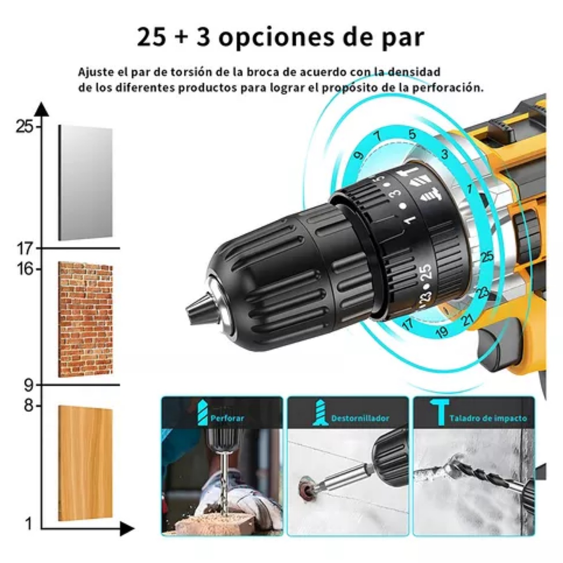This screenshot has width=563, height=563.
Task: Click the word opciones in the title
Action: point(276,37)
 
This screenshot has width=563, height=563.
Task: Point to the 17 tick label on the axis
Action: point(25,249)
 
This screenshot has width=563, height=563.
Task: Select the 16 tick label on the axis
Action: point(25,269)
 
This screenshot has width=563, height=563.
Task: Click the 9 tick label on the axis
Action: point(28,385)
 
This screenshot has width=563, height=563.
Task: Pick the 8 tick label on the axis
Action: point(28,406)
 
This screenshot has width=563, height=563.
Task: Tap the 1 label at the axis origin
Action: point(28,524)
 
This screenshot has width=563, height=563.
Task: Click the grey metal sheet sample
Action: point(85,183)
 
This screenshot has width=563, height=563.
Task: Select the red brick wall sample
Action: point(85,319)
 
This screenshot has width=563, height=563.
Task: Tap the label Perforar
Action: point(227,418)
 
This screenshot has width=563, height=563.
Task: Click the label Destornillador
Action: point(360,418)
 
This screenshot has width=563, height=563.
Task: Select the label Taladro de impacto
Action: point(488,418)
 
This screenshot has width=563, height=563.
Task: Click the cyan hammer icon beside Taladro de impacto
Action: point(440,412)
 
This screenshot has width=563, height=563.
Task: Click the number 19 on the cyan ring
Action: point(441,332)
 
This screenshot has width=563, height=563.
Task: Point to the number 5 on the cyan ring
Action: point(412,134)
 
